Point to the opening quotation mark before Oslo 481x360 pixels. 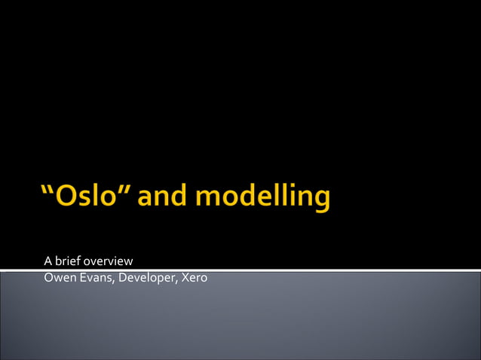(x=46, y=191)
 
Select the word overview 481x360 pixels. (x=109, y=261)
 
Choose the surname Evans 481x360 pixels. (x=93, y=279)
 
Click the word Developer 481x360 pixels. (x=146, y=279)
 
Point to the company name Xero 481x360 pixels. (x=195, y=279)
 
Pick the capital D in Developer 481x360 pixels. (x=120, y=279)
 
